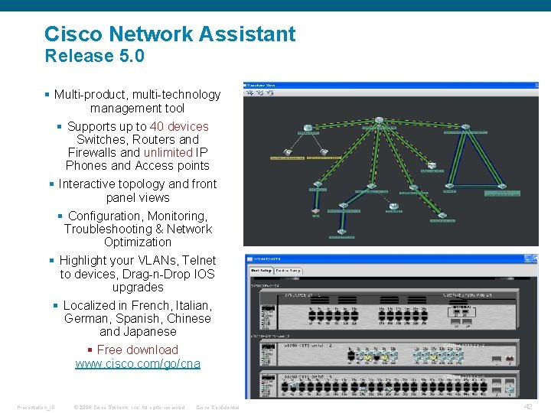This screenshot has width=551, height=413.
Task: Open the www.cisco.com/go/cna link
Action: coord(138,364)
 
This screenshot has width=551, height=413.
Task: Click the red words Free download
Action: coord(138,350)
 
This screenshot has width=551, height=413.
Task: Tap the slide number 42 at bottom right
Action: coord(527,407)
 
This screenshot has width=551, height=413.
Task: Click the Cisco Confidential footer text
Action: coord(217,407)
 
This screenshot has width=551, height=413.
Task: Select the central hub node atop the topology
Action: coord(379,120)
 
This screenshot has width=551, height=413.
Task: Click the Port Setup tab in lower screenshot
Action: coord(261,271)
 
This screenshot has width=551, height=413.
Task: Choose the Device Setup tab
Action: coord(288,271)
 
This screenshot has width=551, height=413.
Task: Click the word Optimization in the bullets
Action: coord(138,242)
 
